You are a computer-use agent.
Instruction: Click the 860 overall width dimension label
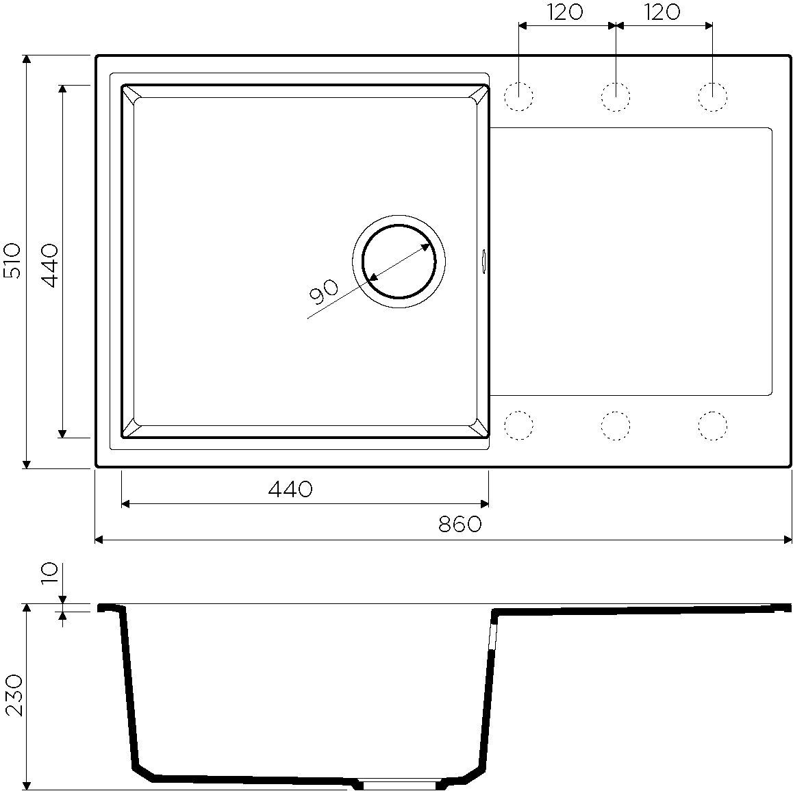point(460,525)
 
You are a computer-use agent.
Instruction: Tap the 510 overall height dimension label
point(12,260)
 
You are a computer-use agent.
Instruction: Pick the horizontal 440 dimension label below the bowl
point(290,489)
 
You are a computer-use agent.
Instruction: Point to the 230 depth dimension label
point(14,694)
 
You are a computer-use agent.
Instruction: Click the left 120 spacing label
point(565,12)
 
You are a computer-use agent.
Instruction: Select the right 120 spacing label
point(662,12)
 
